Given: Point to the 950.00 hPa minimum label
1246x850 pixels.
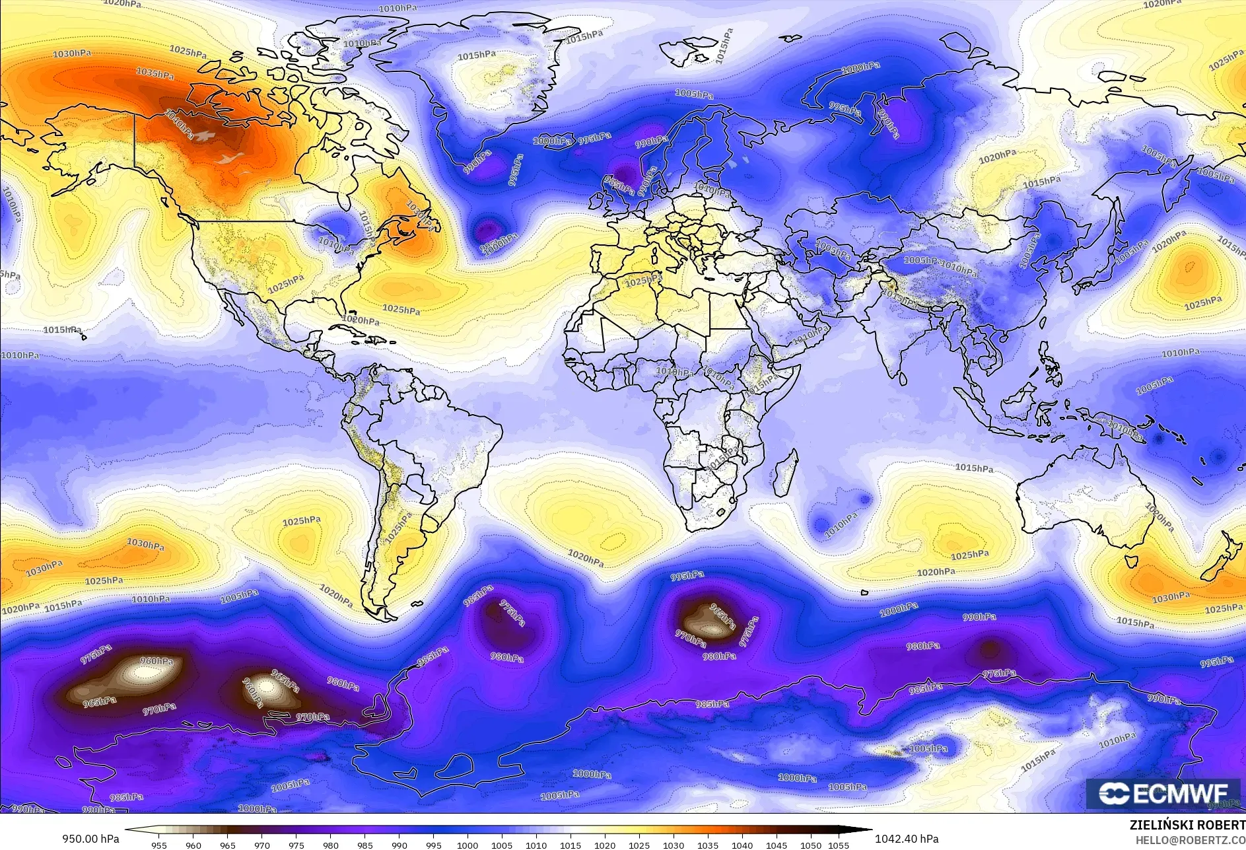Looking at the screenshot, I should pyautogui.click(x=91, y=839).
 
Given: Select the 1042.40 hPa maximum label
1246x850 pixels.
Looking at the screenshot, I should pyautogui.click(x=906, y=839).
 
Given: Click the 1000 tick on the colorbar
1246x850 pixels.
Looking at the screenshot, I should pyautogui.click(x=467, y=845).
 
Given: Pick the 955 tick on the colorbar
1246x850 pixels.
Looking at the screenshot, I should pyautogui.click(x=159, y=845).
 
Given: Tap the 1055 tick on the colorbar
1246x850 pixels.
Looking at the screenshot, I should pyautogui.click(x=838, y=845).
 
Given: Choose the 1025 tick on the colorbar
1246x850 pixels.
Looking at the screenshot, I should pyautogui.click(x=639, y=845).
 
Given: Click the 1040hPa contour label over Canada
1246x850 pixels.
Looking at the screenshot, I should pyautogui.click(x=180, y=124).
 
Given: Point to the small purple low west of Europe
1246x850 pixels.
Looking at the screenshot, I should pyautogui.click(x=487, y=230).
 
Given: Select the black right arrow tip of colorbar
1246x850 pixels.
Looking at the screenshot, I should pyautogui.click(x=868, y=830).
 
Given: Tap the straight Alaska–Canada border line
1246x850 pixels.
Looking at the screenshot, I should pyautogui.click(x=135, y=139).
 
